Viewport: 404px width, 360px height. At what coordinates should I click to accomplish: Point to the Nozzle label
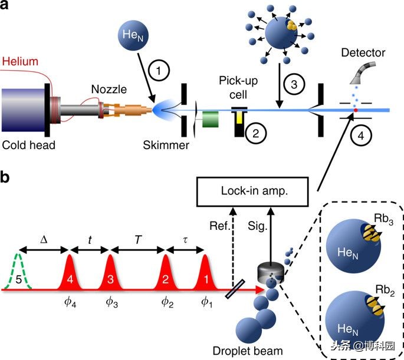point(109,89)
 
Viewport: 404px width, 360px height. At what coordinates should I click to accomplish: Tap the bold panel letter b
point(7,177)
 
